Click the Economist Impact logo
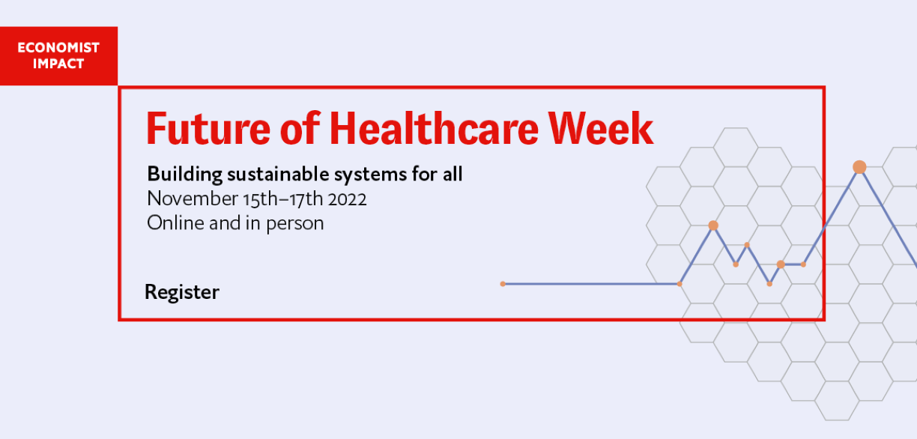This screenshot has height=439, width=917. pos(58,55)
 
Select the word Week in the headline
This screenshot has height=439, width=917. pos(601,128)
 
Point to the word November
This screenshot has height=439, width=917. pos(193,199)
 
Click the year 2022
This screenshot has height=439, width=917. pos(347,199)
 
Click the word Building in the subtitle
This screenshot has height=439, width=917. pos(184,175)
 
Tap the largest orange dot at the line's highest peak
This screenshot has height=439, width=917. pos(859,167)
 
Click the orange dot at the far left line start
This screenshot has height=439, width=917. pos(503,284)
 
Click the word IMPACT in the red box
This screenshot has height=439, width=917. pos(58,64)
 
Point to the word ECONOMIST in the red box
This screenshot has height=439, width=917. pos(58,48)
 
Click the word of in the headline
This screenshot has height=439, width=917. pos(300,128)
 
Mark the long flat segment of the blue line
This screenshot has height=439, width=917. pos(591,284)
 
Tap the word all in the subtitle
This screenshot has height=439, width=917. pos(453,174)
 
